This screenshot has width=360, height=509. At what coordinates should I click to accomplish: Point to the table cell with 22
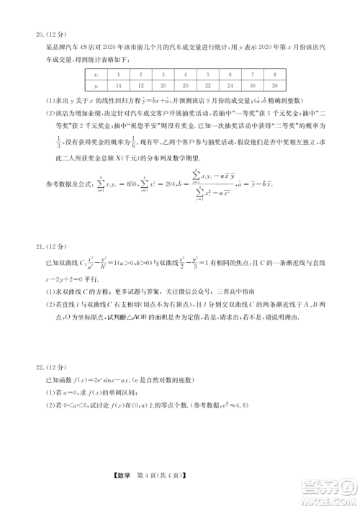click(207, 85)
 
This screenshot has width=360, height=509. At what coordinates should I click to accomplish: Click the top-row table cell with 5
click(207, 74)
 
